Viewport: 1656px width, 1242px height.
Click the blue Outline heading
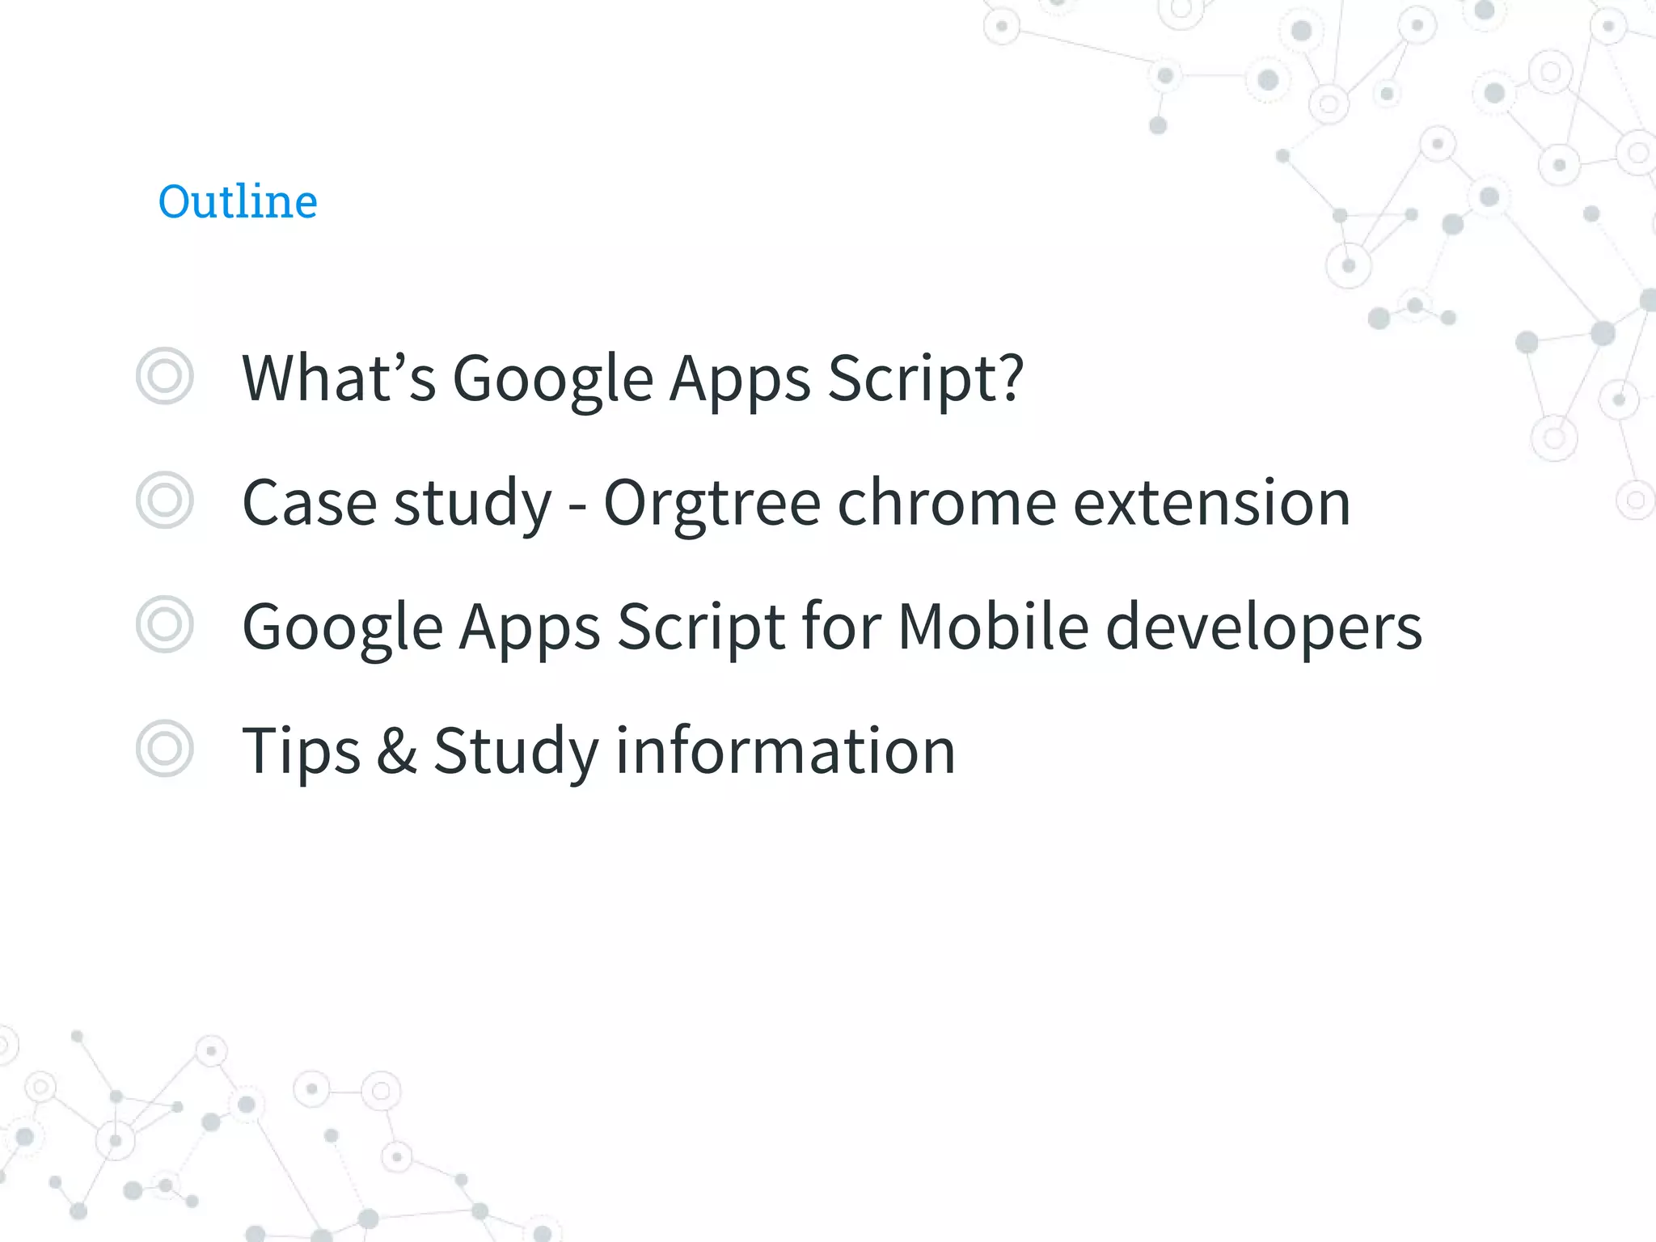point(238,201)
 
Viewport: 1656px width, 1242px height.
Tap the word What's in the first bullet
point(339,378)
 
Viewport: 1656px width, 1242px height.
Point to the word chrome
point(947,503)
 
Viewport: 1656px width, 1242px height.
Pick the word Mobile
point(994,627)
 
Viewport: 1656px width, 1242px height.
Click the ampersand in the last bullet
point(397,750)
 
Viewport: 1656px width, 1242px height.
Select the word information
point(786,750)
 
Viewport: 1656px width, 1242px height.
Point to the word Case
point(309,503)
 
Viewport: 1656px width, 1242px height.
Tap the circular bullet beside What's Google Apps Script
point(165,376)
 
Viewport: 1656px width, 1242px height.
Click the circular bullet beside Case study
point(165,501)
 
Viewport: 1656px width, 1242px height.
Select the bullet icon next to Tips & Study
point(165,749)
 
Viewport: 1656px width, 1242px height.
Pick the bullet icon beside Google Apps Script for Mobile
point(165,624)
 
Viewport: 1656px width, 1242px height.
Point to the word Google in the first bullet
point(552,379)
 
